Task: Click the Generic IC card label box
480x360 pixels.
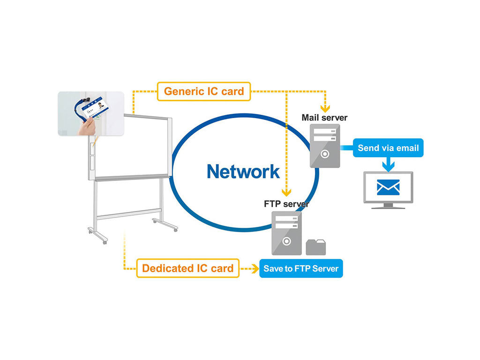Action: pos(204,91)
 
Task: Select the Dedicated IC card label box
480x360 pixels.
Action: pos(187,268)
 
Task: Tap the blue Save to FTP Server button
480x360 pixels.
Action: pos(301,269)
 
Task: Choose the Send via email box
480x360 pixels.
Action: pos(388,148)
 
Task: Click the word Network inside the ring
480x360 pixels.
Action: pos(243,172)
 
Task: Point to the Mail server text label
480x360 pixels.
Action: pos(324,117)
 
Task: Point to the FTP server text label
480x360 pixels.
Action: pos(286,204)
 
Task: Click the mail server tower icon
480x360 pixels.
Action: pos(325,145)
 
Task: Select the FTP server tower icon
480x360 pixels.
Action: pos(286,233)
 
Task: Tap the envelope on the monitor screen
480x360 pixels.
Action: pos(388,187)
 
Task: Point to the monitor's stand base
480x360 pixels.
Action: pos(388,206)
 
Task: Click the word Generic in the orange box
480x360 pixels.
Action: pos(184,91)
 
